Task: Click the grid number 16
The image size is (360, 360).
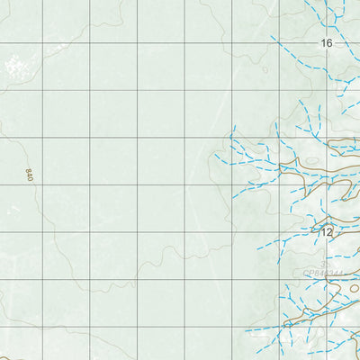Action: point(326,43)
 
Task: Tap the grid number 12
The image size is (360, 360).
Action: point(326,232)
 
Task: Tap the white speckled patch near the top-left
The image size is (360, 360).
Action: point(13,64)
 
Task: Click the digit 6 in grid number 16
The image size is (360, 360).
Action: point(329,43)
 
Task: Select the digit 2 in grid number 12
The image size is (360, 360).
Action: point(329,232)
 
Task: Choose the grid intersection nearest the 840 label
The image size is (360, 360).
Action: point(42,185)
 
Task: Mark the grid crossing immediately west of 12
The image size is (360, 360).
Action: point(279,232)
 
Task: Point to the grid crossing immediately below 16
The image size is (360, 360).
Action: point(327,90)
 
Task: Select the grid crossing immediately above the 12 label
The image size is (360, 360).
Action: point(327,185)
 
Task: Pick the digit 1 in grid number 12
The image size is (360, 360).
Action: point(323,232)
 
